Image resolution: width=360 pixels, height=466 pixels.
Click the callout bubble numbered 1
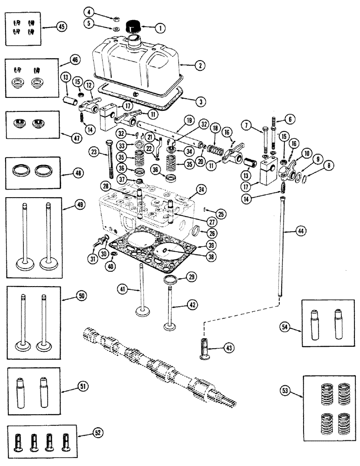click(x=159, y=28)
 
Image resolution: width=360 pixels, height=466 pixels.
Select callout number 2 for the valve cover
click(x=199, y=66)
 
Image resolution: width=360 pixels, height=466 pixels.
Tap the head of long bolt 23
click(x=109, y=143)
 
